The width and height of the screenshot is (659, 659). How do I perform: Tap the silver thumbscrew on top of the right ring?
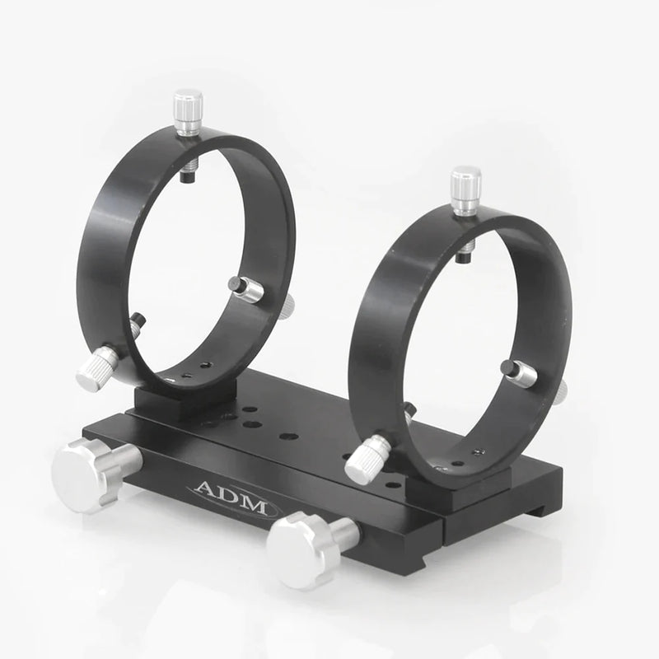coord(466,189)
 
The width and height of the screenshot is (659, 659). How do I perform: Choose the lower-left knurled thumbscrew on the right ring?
coord(368,458)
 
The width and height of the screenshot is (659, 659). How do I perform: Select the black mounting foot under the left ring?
coord(182,400)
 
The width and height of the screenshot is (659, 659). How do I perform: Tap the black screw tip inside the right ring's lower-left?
coord(408,409)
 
